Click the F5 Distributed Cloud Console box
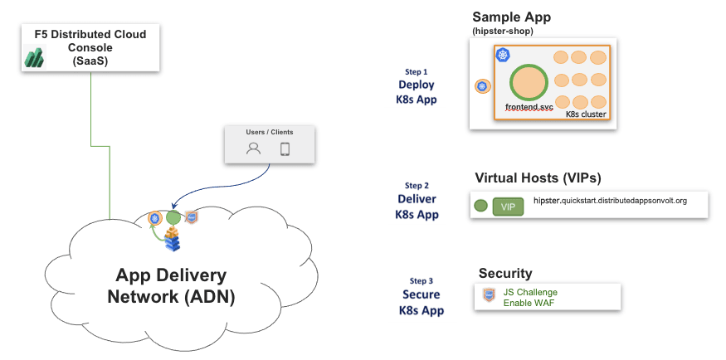[90, 46]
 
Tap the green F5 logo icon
[34, 57]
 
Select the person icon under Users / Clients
[254, 149]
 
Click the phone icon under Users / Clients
[285, 149]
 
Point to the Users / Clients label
[270, 132]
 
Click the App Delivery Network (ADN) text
[171, 286]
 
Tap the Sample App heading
[511, 17]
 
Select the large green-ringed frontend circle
[529, 82]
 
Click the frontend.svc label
[529, 107]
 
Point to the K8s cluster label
[586, 114]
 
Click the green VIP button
[508, 207]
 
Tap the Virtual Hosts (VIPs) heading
[538, 178]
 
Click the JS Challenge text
[530, 292]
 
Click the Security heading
[505, 274]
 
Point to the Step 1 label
[416, 72]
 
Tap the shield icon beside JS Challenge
[489, 294]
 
